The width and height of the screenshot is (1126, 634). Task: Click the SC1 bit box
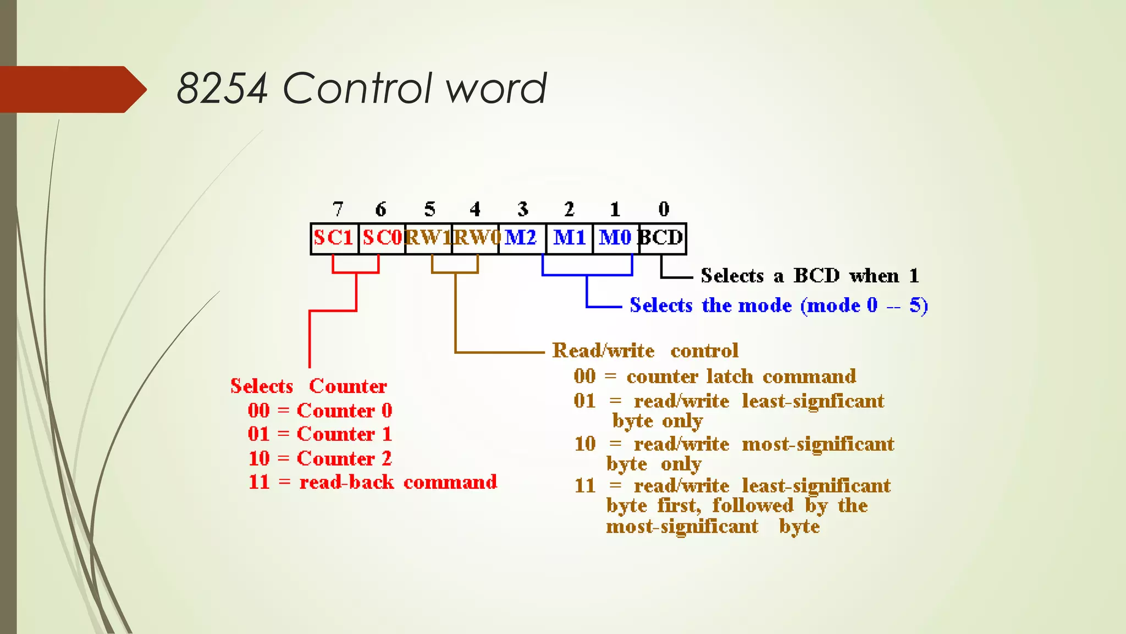point(334,238)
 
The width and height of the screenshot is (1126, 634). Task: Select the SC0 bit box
point(382,238)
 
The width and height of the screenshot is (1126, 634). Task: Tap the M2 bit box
point(521,238)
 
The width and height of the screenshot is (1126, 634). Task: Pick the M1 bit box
point(570,238)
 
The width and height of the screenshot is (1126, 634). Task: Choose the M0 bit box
point(616,238)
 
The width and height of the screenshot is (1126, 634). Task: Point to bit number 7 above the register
point(338,209)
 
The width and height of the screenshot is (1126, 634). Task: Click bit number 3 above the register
point(523,209)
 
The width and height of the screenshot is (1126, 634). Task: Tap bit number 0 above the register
point(664,209)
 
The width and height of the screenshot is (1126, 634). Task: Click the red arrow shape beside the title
point(71,89)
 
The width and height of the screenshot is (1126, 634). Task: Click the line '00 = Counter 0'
point(320,411)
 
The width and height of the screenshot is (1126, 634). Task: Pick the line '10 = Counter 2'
point(320,458)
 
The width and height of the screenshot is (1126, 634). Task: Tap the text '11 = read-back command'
point(372,482)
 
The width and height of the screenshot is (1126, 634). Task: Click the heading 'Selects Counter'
point(308,386)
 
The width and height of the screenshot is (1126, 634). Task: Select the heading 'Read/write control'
point(645,351)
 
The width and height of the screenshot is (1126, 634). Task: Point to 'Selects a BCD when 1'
point(809,276)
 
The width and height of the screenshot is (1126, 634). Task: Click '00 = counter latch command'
point(715,376)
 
